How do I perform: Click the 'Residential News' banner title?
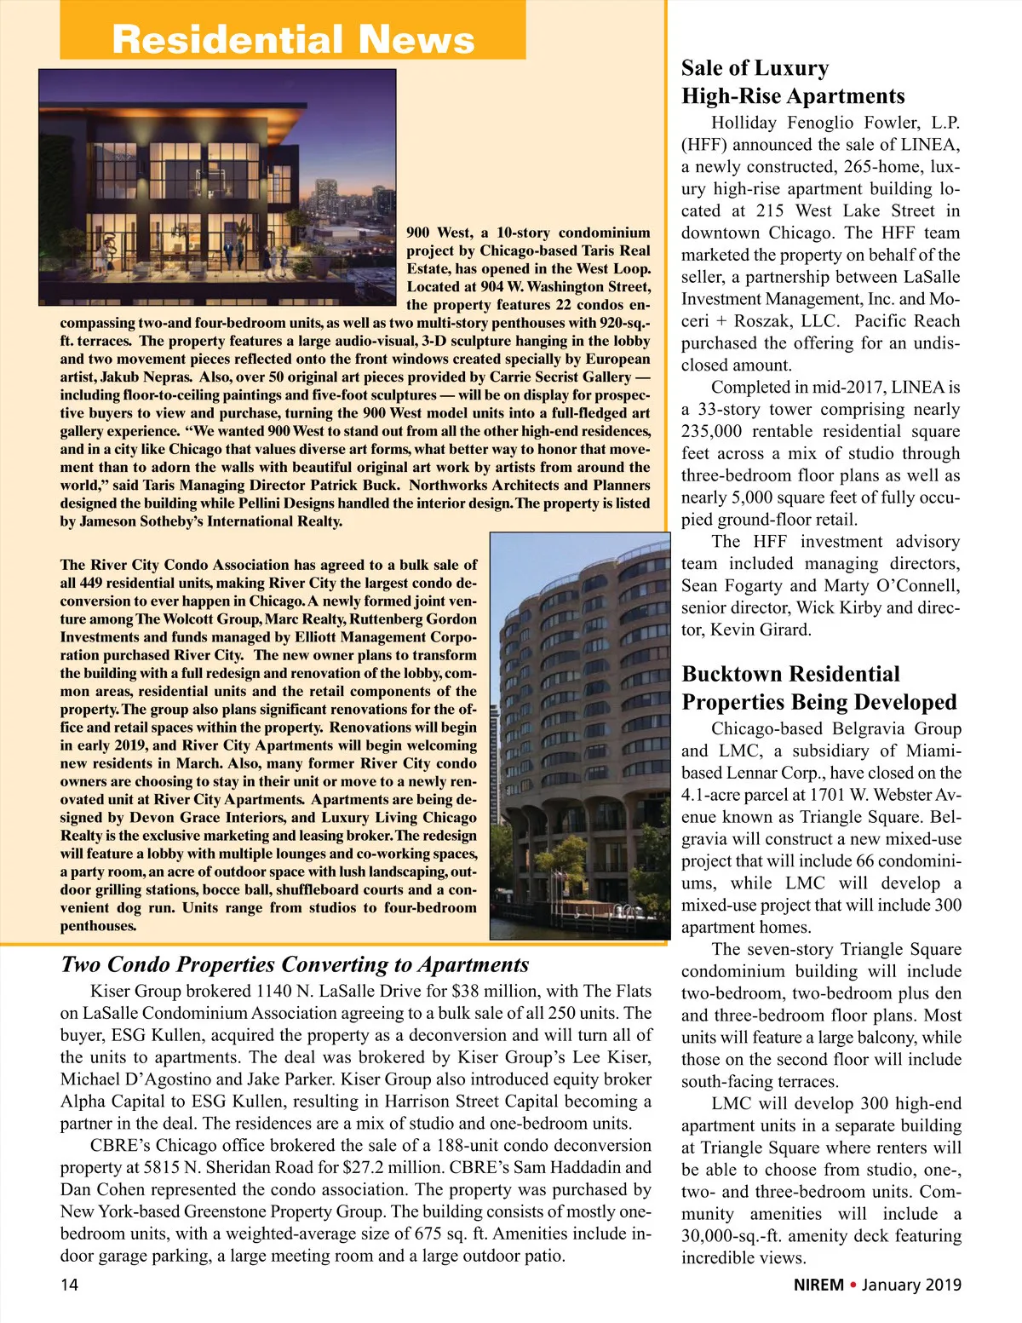point(293,39)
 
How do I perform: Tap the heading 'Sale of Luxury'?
point(755,68)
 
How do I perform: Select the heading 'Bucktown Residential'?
point(790,675)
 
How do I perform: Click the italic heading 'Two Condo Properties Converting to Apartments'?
point(295,964)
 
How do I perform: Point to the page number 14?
point(69,1285)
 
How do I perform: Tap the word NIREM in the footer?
point(818,1285)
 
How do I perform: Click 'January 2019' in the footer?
point(911,1285)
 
